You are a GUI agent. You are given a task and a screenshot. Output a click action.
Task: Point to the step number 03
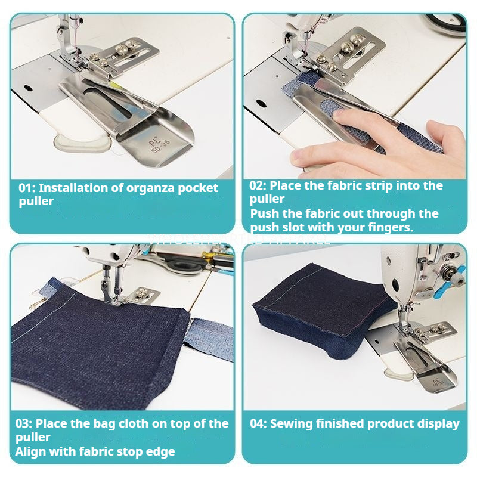pyautogui.click(x=24, y=424)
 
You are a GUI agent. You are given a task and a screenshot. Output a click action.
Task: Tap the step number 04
pyautogui.click(x=258, y=424)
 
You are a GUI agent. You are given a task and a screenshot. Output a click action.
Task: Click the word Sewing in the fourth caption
pyautogui.click(x=290, y=424)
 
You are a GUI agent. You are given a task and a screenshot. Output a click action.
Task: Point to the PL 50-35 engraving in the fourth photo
pyautogui.click(x=438, y=380)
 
